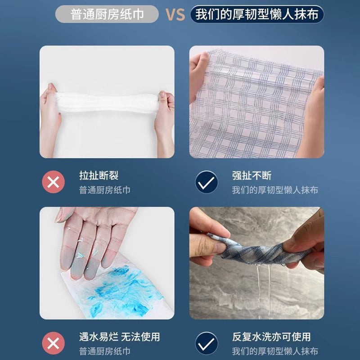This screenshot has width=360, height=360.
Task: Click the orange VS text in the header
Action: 175,14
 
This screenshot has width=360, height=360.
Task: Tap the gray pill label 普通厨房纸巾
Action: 107,14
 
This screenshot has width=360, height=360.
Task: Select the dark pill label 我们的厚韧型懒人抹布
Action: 257,14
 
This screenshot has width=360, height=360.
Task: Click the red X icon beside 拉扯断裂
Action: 53,182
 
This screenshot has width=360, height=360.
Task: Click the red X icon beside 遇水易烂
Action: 53,344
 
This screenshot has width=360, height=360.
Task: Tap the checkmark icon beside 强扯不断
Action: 207,182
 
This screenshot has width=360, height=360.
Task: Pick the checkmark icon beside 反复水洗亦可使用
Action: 207,344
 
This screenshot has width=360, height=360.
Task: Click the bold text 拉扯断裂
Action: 99,175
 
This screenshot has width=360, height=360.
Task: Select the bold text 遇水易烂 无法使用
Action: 119,337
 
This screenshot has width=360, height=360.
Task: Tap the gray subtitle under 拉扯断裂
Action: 104,190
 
